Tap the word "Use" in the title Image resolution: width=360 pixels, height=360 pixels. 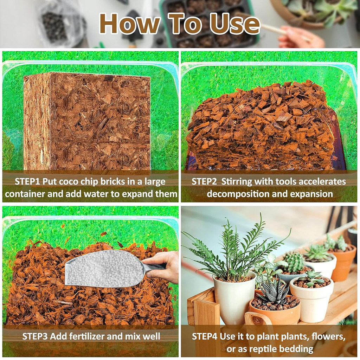234,24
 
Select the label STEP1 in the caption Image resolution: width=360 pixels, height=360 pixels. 27,182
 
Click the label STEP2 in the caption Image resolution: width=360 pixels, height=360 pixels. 204,182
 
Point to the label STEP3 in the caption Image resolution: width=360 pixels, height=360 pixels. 35,336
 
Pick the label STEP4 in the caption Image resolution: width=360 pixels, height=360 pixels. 205,336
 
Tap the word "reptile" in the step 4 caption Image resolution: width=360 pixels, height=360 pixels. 263,349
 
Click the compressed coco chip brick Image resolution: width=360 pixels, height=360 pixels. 87,121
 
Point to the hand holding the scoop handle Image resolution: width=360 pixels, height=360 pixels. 163,266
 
